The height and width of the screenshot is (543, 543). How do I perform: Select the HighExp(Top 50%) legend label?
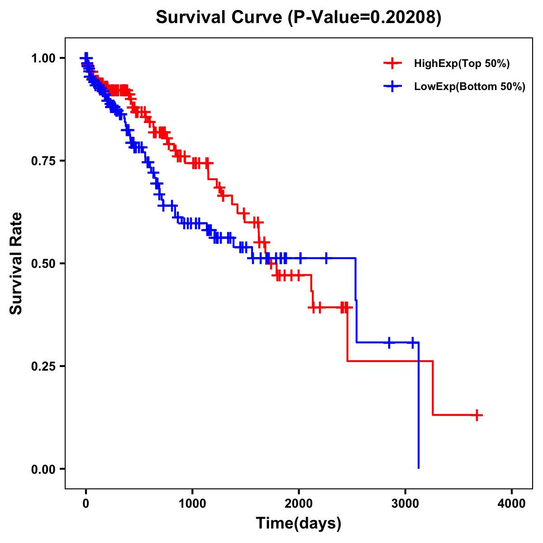pos(462,64)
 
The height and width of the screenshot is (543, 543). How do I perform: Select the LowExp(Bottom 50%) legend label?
pos(470,87)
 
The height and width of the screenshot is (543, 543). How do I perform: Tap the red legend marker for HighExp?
pos(392,64)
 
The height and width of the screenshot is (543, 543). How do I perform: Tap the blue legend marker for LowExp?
pos(392,87)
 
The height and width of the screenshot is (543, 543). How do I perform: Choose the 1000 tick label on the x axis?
pos(192,504)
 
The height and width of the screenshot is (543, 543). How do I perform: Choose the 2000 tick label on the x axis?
pos(299,504)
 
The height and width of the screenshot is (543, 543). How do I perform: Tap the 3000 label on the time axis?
pos(405,504)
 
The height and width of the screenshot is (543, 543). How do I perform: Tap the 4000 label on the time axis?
pos(512,504)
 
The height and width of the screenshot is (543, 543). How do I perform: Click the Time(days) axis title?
pos(299,524)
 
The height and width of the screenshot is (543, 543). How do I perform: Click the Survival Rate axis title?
pos(16,263)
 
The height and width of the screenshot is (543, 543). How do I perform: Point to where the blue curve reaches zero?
pos(419,468)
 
